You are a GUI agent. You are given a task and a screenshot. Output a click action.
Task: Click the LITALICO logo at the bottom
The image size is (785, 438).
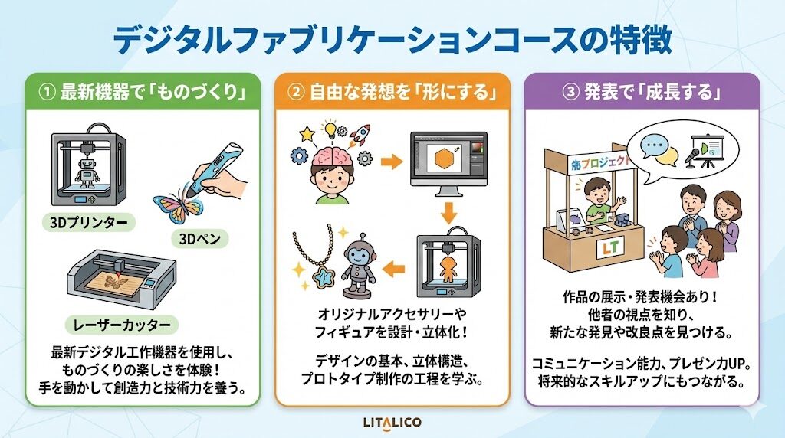pos(392,423)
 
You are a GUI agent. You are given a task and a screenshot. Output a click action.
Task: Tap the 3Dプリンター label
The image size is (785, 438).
pos(89,222)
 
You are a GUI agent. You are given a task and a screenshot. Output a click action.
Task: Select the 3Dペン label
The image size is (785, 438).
pos(200,239)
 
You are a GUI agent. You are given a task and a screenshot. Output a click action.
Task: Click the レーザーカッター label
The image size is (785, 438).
pos(122,325)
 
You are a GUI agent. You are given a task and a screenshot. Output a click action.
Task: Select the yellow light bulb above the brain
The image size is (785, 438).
pos(330,129)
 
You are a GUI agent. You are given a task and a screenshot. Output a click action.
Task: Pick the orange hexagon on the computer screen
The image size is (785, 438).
pos(444,159)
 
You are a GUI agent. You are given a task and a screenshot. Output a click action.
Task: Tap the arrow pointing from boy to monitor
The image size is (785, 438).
pos(392,162)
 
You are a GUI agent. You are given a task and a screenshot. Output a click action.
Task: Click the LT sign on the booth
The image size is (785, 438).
pos(610,247)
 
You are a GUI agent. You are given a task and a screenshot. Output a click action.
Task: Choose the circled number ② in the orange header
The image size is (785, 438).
pos(296,93)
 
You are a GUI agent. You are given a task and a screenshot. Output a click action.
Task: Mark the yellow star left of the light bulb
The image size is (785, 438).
pos(307,133)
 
